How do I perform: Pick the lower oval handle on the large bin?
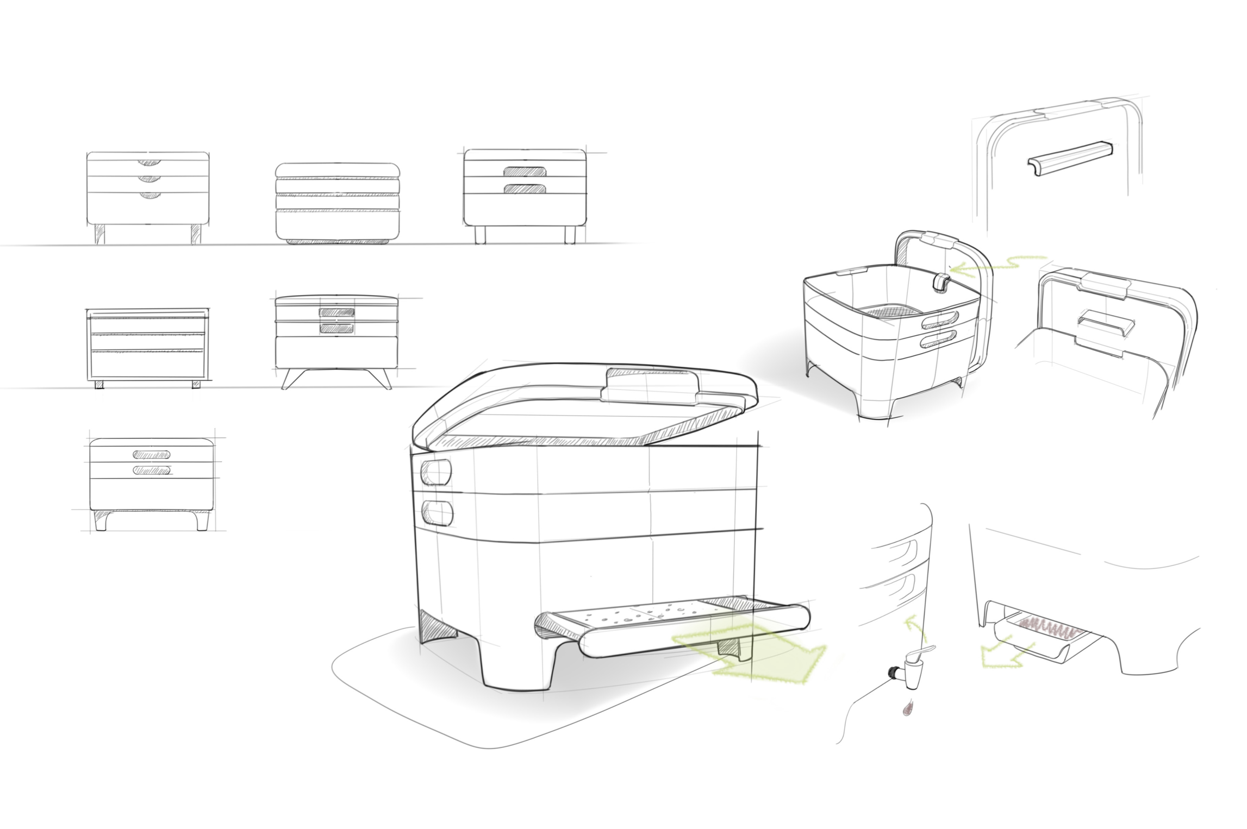tap(437, 513)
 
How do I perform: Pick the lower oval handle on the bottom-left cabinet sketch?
tap(152, 470)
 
